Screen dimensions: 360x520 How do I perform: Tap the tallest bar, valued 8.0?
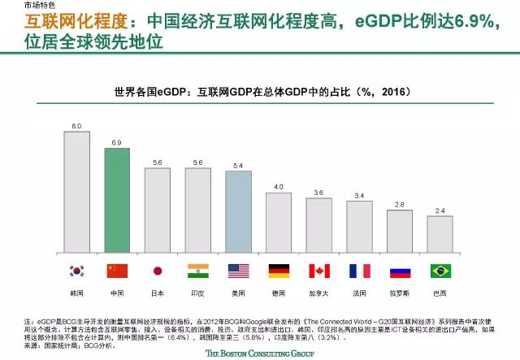click(x=77, y=191)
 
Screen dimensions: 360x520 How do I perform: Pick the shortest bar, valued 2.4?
click(x=440, y=235)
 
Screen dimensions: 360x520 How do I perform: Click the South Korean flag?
click(x=77, y=271)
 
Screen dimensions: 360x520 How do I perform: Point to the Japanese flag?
click(x=158, y=271)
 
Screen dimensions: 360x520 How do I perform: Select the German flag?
click(x=279, y=271)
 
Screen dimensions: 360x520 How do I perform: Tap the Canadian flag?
click(x=318, y=271)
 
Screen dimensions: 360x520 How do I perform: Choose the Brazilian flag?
click(x=440, y=271)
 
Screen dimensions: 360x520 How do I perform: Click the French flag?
click(x=359, y=271)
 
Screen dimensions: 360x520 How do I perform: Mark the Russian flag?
click(x=400, y=271)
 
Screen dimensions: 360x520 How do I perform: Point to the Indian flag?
click(x=198, y=271)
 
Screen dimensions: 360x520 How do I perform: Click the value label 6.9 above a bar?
click(x=117, y=142)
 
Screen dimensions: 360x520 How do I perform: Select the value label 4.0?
click(x=279, y=187)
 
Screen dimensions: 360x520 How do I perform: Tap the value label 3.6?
click(x=318, y=193)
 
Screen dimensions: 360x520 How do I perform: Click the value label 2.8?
click(x=400, y=205)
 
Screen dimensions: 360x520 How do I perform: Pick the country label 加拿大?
click(x=318, y=291)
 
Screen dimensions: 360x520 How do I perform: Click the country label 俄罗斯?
click(x=400, y=291)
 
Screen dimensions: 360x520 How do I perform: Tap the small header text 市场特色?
click(x=39, y=6)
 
